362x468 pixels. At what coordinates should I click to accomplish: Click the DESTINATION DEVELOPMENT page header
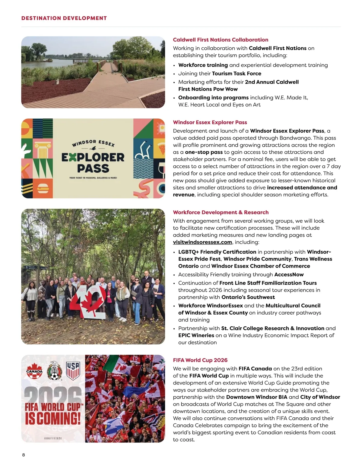[64, 18]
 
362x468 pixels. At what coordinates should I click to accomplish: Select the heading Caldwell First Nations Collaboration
[221, 40]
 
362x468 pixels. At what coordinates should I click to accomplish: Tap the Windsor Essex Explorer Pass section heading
[210, 122]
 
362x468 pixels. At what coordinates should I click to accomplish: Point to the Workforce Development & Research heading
[221, 212]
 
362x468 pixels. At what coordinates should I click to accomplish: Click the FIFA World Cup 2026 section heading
[200, 360]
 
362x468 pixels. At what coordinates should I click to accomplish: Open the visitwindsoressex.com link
[202, 242]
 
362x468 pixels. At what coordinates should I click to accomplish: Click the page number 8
[24, 455]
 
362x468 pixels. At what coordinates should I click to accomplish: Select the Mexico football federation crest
[54, 371]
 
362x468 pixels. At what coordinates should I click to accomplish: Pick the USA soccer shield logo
[73, 371]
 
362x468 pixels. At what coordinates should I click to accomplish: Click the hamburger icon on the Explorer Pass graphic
[41, 189]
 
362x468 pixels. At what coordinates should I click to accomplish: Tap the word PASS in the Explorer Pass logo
[93, 168]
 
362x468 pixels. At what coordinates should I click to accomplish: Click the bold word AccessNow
[289, 275]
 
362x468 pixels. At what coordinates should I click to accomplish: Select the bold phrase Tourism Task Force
[237, 74]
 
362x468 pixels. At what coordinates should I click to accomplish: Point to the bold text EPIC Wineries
[196, 335]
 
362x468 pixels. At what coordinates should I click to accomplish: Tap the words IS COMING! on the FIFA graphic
[53, 419]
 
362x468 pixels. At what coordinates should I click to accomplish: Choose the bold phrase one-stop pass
[204, 152]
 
